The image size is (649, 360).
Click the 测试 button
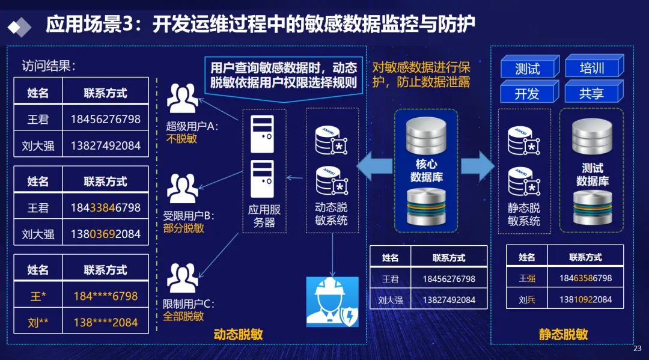(x=527, y=69)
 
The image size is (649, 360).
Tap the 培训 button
(x=592, y=67)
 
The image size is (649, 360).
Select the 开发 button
(x=527, y=94)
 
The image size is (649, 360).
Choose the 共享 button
(x=591, y=93)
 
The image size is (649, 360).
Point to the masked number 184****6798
(x=106, y=296)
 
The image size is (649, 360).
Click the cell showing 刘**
(x=38, y=322)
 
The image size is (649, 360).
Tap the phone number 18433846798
(x=106, y=208)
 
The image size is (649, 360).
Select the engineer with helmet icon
(x=332, y=302)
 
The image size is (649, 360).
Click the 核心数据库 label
(x=426, y=170)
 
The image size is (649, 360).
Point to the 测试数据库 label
(x=593, y=174)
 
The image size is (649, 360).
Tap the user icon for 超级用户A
(x=182, y=99)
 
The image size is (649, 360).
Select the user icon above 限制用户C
(x=182, y=278)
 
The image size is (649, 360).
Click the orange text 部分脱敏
(x=183, y=228)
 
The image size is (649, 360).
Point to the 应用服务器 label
(x=264, y=216)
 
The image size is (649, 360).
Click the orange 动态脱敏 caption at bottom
(x=238, y=335)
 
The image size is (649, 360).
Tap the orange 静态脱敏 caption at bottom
(x=563, y=335)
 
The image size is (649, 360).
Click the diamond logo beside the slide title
(x=20, y=26)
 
